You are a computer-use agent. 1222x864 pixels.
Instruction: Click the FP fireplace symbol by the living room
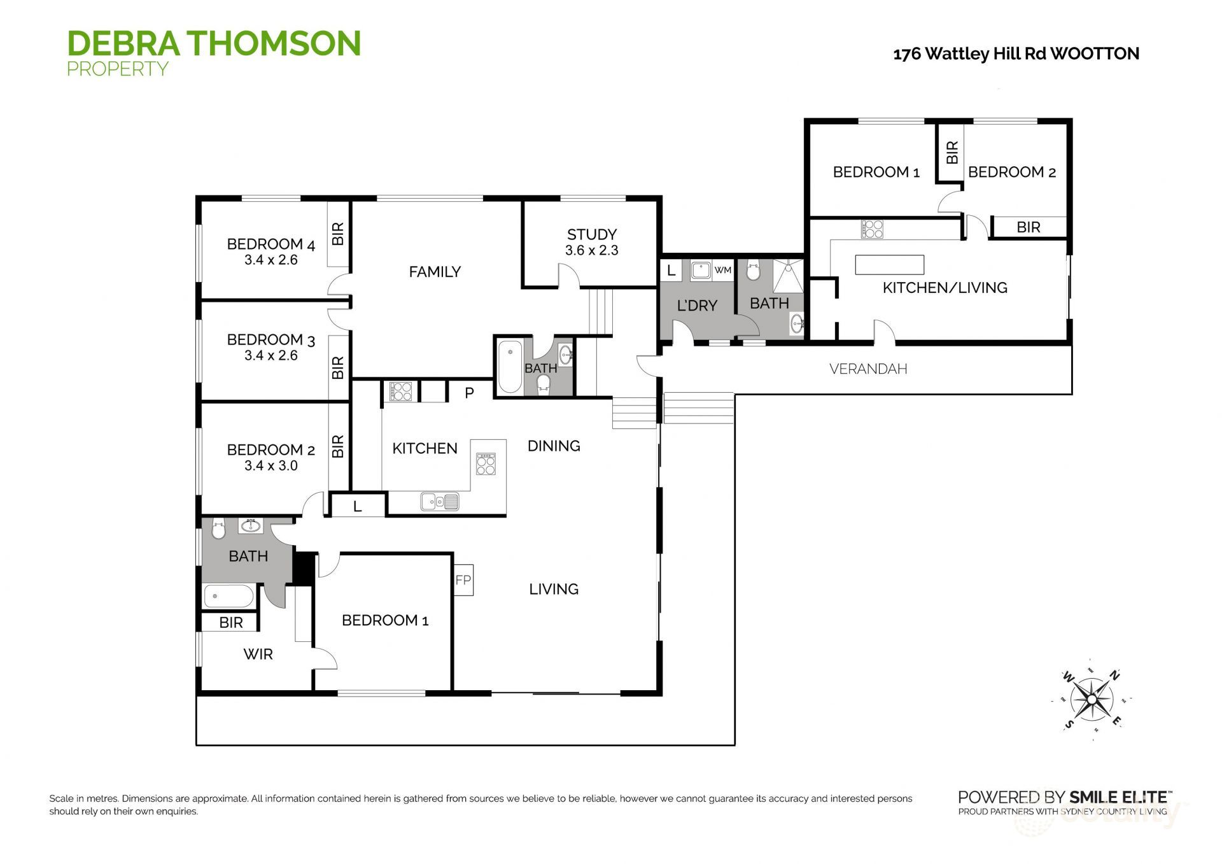463,580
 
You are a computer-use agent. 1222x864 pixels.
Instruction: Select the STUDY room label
591,234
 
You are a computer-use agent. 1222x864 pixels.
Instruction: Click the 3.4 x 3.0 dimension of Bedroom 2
270,465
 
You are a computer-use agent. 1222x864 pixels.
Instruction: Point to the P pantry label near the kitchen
469,393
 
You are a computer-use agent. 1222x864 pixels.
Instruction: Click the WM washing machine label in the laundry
722,270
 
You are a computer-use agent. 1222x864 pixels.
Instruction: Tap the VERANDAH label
868,369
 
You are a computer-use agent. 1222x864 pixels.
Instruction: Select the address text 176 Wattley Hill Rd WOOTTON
1016,54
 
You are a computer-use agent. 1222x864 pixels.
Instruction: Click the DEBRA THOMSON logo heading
214,43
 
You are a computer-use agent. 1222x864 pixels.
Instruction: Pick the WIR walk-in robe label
258,654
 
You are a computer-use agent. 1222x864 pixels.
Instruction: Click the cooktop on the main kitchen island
486,464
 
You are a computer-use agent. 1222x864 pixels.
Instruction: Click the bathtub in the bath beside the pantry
510,367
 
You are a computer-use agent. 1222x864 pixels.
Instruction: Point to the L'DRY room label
697,306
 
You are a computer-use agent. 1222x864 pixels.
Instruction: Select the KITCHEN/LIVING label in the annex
945,288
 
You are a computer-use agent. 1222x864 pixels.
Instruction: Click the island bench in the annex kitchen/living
889,264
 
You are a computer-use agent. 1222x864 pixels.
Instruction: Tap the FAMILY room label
435,272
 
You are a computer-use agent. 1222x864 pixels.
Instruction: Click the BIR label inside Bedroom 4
338,234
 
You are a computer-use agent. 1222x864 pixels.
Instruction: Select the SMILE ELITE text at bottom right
1118,797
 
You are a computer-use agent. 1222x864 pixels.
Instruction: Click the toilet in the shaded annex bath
753,271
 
